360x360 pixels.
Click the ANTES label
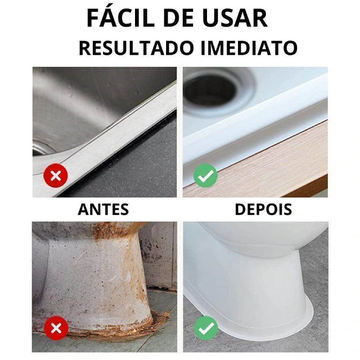coord(103,209)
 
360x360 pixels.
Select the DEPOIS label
coord(263,209)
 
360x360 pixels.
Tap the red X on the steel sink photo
coord(56,176)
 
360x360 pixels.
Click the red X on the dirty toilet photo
coord(56,328)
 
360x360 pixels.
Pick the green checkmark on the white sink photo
coord(206,176)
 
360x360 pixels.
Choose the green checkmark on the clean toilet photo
coord(206,328)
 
